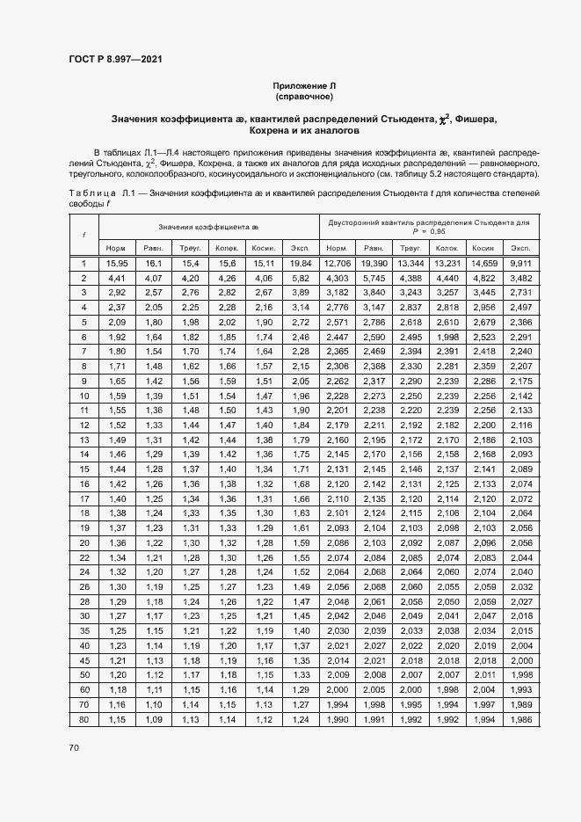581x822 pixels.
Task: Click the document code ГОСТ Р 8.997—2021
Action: (115, 60)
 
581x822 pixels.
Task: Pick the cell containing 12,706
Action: (338, 264)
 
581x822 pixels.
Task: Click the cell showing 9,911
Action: (520, 264)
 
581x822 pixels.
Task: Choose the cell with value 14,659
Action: (484, 264)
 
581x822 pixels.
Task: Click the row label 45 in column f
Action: (84, 660)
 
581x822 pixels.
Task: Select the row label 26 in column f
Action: (84, 586)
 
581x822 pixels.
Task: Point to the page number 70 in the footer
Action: (74, 748)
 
